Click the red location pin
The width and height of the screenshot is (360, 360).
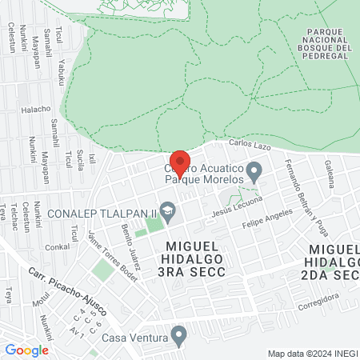click(x=180, y=163)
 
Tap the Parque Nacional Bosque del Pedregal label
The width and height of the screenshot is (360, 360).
click(x=330, y=40)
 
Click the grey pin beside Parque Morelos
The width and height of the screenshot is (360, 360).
click(x=254, y=171)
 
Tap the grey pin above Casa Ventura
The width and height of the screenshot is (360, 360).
click(x=180, y=334)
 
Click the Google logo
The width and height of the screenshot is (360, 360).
click(x=26, y=350)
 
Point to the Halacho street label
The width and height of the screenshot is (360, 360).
click(x=35, y=110)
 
